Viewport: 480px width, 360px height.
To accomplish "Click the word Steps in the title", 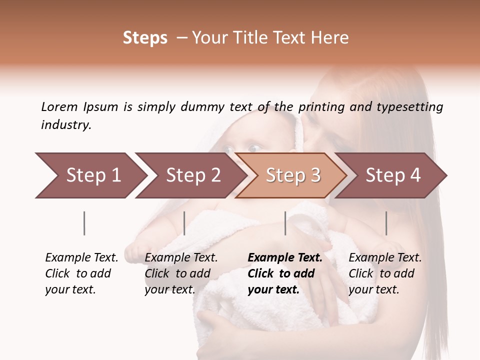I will click(x=145, y=38).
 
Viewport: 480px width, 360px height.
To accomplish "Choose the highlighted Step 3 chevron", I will click(x=293, y=175).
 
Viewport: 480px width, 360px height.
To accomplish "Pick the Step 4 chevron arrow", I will click(x=393, y=175).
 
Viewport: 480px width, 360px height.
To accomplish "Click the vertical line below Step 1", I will click(x=84, y=223).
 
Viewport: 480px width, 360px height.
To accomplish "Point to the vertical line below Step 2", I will click(x=184, y=223).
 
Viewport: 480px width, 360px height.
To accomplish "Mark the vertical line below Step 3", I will click(x=285, y=223).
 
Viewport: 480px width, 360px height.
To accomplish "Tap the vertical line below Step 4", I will click(x=386, y=223).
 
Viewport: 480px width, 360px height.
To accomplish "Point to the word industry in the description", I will click(x=65, y=125).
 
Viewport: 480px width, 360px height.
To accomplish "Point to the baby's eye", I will click(x=254, y=147).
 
